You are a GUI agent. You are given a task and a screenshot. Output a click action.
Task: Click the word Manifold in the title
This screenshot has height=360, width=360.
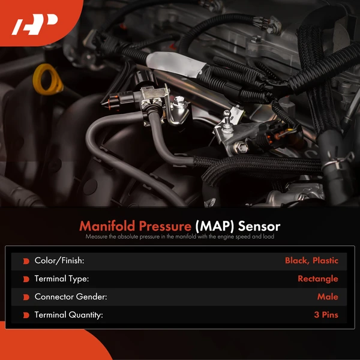pos(106,226)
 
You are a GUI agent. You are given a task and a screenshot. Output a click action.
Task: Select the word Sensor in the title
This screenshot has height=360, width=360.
pos(259,226)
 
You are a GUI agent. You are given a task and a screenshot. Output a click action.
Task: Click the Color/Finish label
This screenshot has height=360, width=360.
pos(59,261)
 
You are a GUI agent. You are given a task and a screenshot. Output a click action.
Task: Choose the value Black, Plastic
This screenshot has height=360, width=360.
pos(311,261)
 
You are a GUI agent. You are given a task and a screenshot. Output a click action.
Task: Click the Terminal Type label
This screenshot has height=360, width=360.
pos(62,279)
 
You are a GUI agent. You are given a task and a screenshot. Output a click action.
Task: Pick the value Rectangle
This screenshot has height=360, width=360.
pos(317,279)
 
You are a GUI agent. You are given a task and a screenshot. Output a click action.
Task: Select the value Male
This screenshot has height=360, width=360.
pos(328,297)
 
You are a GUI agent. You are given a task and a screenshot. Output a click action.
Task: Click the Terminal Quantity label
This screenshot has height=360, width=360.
pos(69,315)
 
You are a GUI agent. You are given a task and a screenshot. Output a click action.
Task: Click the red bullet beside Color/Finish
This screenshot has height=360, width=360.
pos(26,261)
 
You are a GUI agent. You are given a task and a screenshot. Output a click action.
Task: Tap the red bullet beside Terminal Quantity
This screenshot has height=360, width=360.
pos(26,315)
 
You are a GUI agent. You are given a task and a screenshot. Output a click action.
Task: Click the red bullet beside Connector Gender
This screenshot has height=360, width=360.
pos(26,297)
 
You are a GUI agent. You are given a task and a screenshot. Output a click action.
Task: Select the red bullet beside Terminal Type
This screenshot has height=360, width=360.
pos(26,279)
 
